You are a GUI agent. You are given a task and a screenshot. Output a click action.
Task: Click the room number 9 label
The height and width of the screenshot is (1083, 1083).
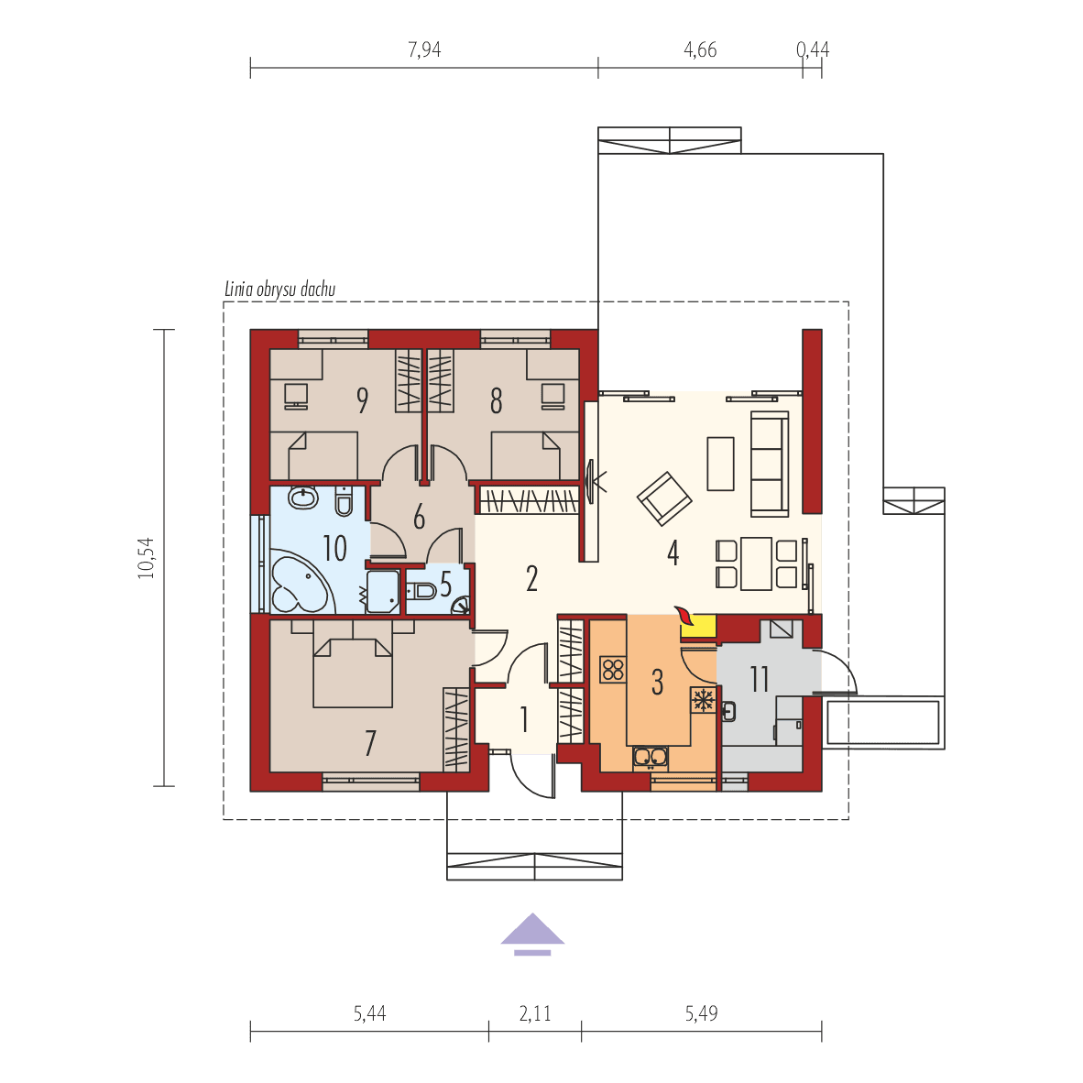[363, 400]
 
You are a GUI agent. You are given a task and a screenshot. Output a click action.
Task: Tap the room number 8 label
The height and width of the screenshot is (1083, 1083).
[496, 400]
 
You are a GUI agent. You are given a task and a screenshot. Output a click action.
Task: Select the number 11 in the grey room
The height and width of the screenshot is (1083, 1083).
[760, 680]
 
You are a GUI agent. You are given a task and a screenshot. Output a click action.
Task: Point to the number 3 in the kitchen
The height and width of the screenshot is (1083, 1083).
[657, 682]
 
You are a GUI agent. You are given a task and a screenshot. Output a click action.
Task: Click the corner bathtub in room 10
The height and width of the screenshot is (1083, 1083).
[297, 584]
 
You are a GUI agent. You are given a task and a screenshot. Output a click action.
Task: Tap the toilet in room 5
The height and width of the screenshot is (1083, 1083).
[422, 589]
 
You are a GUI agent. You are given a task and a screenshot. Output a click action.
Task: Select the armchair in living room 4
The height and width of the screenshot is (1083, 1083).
[665, 498]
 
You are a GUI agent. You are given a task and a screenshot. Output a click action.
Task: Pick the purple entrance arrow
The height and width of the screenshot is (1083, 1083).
[532, 932]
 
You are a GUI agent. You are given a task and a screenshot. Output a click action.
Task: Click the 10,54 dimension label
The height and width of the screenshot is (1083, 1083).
[148, 557]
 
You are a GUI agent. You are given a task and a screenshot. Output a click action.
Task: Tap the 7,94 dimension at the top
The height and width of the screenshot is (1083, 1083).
[424, 50]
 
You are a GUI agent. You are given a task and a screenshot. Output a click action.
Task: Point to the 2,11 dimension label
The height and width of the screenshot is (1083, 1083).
[535, 1014]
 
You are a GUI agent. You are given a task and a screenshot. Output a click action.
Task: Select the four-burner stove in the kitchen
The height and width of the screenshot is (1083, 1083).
[612, 670]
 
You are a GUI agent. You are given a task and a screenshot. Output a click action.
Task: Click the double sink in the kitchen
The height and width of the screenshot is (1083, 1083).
[650, 757]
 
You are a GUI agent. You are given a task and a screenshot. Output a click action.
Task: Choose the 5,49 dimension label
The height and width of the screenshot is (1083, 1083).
[701, 1014]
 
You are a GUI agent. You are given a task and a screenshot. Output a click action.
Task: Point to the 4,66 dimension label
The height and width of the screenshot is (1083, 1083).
[700, 50]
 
